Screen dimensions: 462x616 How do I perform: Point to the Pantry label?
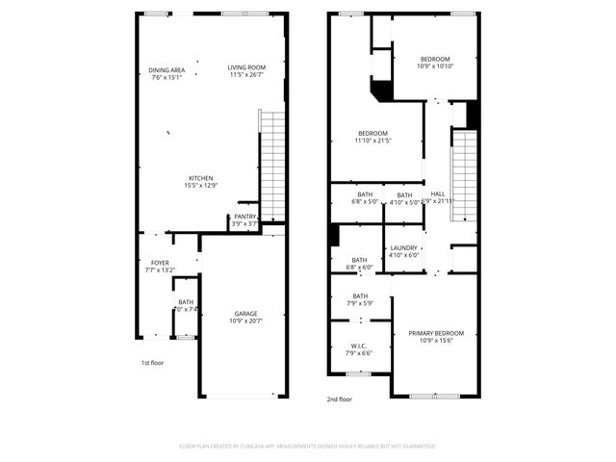(x=245, y=219)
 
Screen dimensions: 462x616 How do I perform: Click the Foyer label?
(x=160, y=266)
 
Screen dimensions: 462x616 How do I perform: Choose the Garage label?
(x=245, y=318)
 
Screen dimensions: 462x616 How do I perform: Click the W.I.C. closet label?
(x=359, y=350)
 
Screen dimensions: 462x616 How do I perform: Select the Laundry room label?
(x=403, y=251)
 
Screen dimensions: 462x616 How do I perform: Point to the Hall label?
(x=438, y=196)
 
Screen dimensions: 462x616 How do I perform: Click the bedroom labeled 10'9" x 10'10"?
(x=433, y=63)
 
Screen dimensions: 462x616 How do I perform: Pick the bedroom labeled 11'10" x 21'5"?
(x=372, y=137)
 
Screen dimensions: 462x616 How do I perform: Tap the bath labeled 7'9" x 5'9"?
(x=359, y=300)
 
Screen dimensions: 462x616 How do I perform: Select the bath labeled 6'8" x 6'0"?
(x=359, y=263)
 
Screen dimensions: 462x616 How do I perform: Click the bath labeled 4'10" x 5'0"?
(x=404, y=198)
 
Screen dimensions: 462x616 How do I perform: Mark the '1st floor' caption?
(x=153, y=363)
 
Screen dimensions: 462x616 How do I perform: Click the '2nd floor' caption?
(x=339, y=398)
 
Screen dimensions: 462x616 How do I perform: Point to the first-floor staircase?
(x=273, y=164)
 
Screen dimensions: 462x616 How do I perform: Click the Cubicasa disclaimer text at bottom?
(x=308, y=446)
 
